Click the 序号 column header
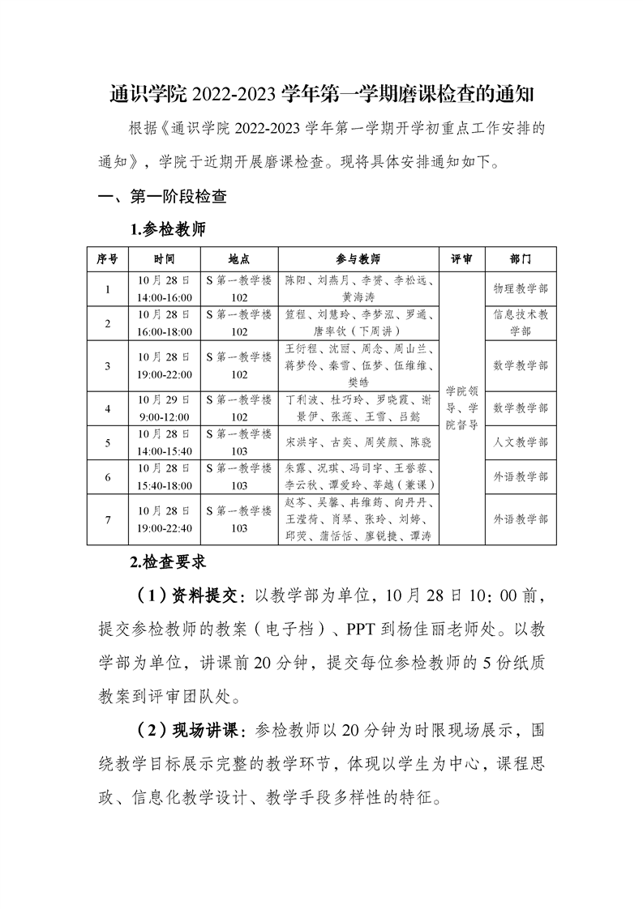pyautogui.click(x=108, y=259)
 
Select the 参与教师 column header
pyautogui.click(x=358, y=259)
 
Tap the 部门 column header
pyautogui.click(x=520, y=259)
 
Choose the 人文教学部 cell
pyautogui.click(x=520, y=443)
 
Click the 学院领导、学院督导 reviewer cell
pyautogui.click(x=461, y=408)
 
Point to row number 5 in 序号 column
pyautogui.click(x=108, y=443)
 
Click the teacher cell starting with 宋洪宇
pyautogui.click(x=358, y=443)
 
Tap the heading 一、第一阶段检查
pyautogui.click(x=161, y=197)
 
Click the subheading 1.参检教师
pyautogui.click(x=168, y=228)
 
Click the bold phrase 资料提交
pyautogui.click(x=203, y=597)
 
